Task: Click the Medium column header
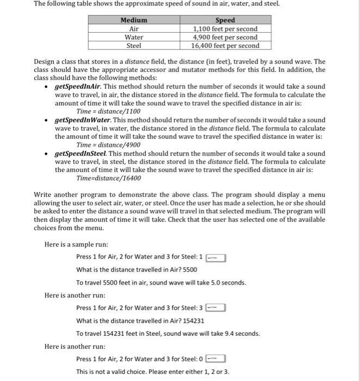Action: [133, 20]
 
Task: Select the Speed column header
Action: [225, 20]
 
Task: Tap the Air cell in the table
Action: [133, 29]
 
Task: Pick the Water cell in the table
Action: [133, 38]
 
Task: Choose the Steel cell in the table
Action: [133, 46]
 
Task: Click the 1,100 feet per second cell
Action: [225, 29]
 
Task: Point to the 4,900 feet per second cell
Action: [225, 38]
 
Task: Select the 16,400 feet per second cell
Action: [225, 46]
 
